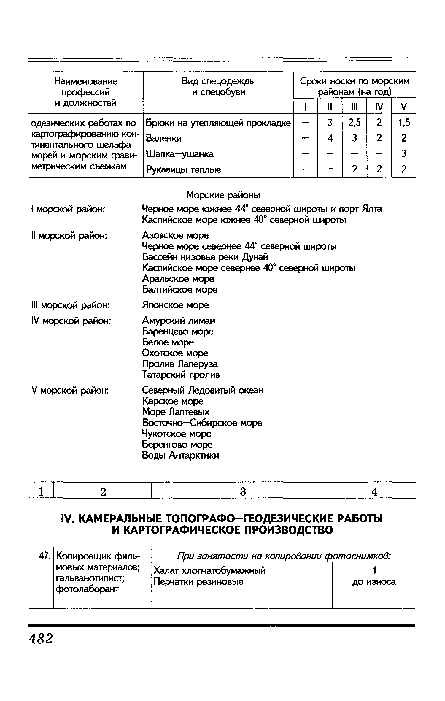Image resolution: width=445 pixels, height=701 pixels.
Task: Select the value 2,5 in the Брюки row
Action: tap(355, 123)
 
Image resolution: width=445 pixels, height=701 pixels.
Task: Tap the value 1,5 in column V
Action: tap(404, 123)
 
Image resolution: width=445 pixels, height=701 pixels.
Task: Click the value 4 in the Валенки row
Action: tap(330, 138)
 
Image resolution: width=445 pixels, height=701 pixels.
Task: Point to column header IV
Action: tap(379, 107)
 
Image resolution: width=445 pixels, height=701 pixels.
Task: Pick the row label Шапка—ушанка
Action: tap(180, 154)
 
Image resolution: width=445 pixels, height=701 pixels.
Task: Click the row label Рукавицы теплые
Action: tap(184, 170)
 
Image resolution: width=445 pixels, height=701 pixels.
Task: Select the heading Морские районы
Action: tap(223, 195)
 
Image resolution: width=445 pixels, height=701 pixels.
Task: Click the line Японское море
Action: tap(175, 305)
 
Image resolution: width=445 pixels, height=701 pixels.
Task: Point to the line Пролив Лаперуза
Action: tap(180, 364)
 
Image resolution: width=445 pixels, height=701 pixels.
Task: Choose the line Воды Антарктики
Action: tap(180, 455)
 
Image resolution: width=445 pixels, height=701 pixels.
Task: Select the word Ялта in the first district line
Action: tap(372, 209)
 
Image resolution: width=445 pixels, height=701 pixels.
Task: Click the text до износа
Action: tap(374, 582)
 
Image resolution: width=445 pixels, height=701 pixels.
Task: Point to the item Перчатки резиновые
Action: tap(198, 581)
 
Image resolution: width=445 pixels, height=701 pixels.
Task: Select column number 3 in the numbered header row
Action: tap(243, 492)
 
